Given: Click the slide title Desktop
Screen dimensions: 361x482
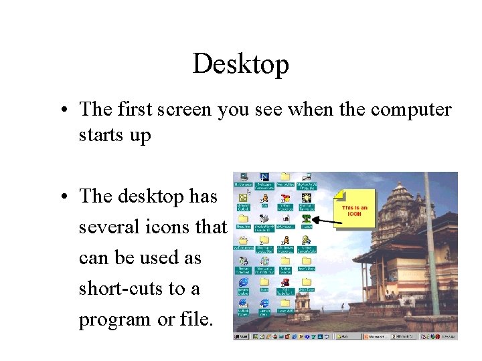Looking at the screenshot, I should pyautogui.click(x=241, y=64).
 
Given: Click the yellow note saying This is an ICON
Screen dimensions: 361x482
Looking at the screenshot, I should pyautogui.click(x=354, y=211).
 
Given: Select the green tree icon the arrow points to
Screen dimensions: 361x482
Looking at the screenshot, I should pyautogui.click(x=307, y=218).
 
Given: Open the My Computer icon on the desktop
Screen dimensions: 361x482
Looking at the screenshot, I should pyautogui.click(x=242, y=178).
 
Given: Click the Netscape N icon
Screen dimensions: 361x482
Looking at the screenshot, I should pyautogui.click(x=264, y=177).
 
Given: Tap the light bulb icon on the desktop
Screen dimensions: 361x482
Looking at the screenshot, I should pyautogui.click(x=307, y=198).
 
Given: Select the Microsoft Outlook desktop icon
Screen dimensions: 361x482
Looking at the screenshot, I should pyautogui.click(x=242, y=198).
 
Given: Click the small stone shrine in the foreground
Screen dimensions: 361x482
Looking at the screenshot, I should pyautogui.click(x=305, y=308).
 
